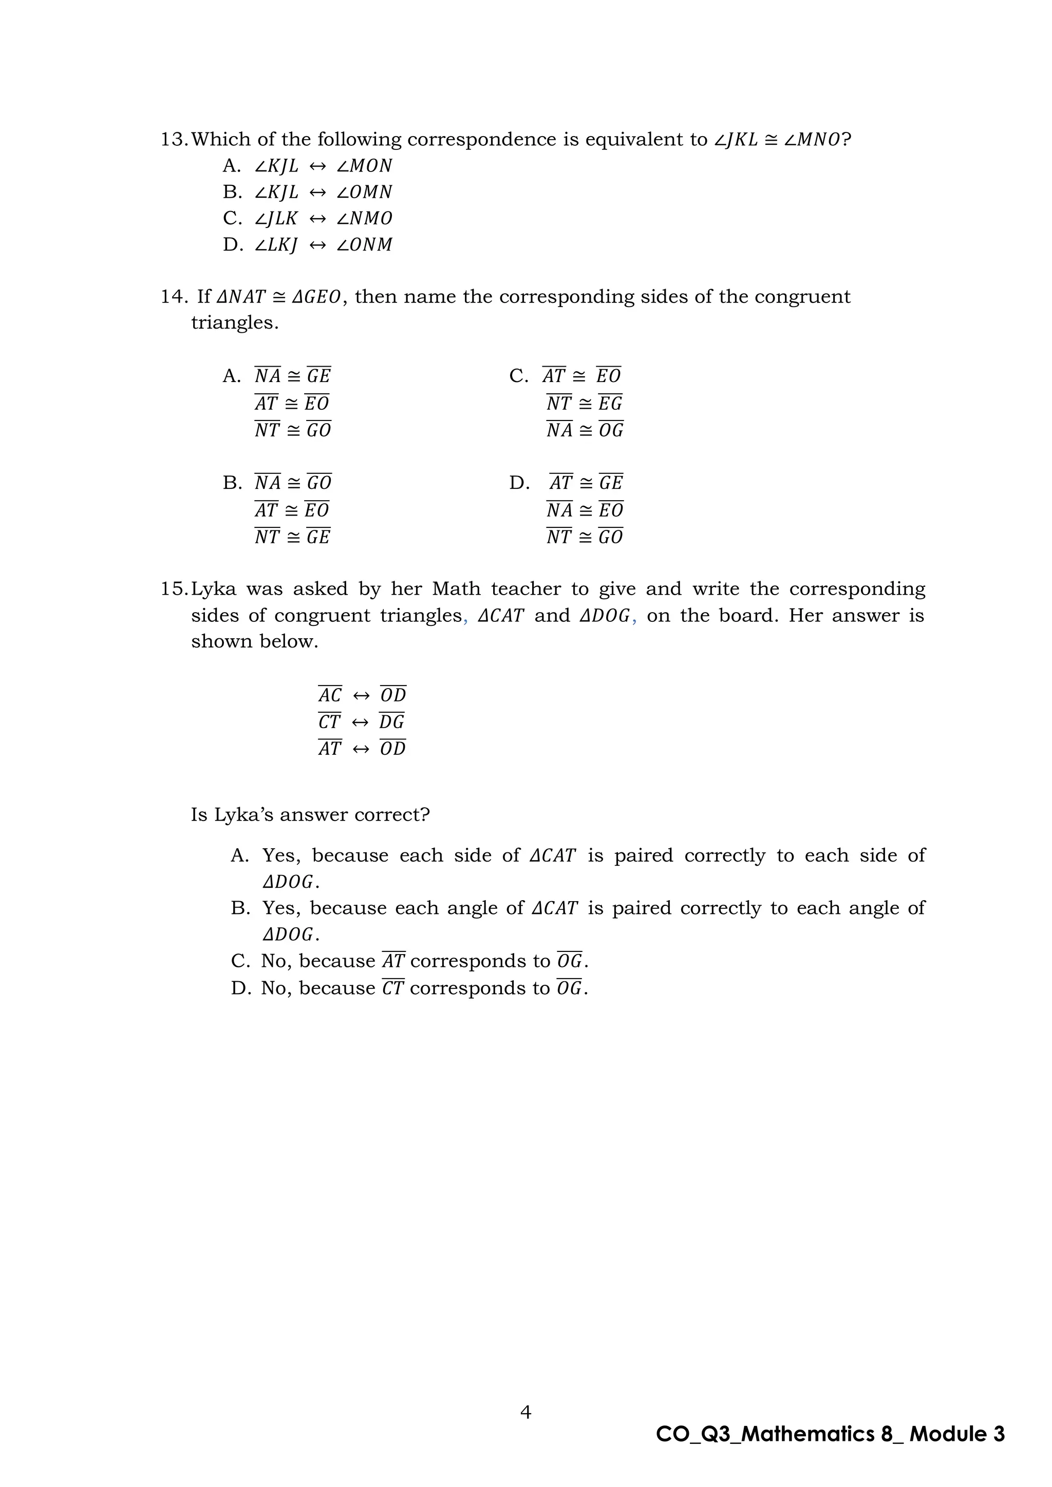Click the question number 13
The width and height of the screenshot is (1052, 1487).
(174, 140)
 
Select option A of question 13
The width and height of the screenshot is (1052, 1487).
(231, 166)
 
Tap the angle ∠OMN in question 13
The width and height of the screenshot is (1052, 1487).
(365, 193)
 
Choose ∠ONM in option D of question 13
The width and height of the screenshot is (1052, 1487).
(365, 245)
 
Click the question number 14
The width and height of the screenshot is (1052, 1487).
(174, 297)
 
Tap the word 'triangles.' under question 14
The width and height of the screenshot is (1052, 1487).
(235, 323)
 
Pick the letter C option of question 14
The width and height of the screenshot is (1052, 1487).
(518, 376)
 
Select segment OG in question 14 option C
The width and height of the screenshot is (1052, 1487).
(610, 430)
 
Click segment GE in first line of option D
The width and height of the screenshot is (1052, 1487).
(610, 483)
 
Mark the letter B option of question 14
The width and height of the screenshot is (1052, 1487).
(231, 483)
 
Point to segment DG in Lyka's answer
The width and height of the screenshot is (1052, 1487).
(392, 721)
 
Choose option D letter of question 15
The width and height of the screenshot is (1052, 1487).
(240, 988)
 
